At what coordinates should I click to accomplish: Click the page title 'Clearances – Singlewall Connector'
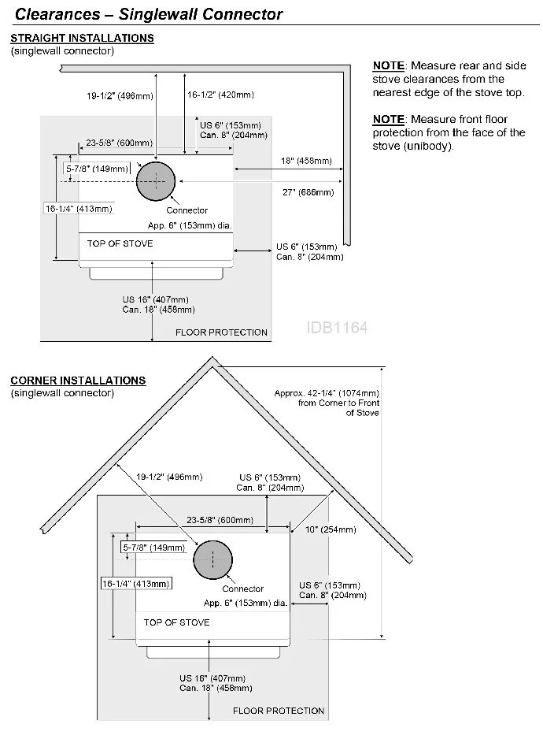pos(150,14)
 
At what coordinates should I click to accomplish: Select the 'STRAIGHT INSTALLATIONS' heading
pos(82,38)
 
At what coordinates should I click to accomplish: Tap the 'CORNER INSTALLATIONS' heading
pos(78,381)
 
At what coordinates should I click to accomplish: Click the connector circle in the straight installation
pos(156,182)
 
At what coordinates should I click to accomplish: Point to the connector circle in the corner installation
pos(212,560)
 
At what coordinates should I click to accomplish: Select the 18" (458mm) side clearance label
pos(306,161)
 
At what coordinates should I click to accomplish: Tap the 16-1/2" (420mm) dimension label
pos(220,95)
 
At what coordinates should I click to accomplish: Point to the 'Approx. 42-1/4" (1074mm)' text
pos(327,393)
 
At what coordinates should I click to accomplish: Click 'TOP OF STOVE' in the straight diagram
pos(120,243)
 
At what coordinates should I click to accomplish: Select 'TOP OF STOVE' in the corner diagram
pos(176,622)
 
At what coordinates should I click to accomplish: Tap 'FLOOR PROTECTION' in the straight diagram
pos(221,332)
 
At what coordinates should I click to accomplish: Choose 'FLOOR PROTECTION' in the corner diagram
pos(279,711)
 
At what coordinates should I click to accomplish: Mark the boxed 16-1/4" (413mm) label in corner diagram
pos(135,584)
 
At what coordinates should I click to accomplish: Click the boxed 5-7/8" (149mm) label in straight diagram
pos(97,169)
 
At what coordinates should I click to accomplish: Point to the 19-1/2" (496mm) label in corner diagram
pos(169,477)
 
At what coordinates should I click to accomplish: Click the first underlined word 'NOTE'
pos(389,65)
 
